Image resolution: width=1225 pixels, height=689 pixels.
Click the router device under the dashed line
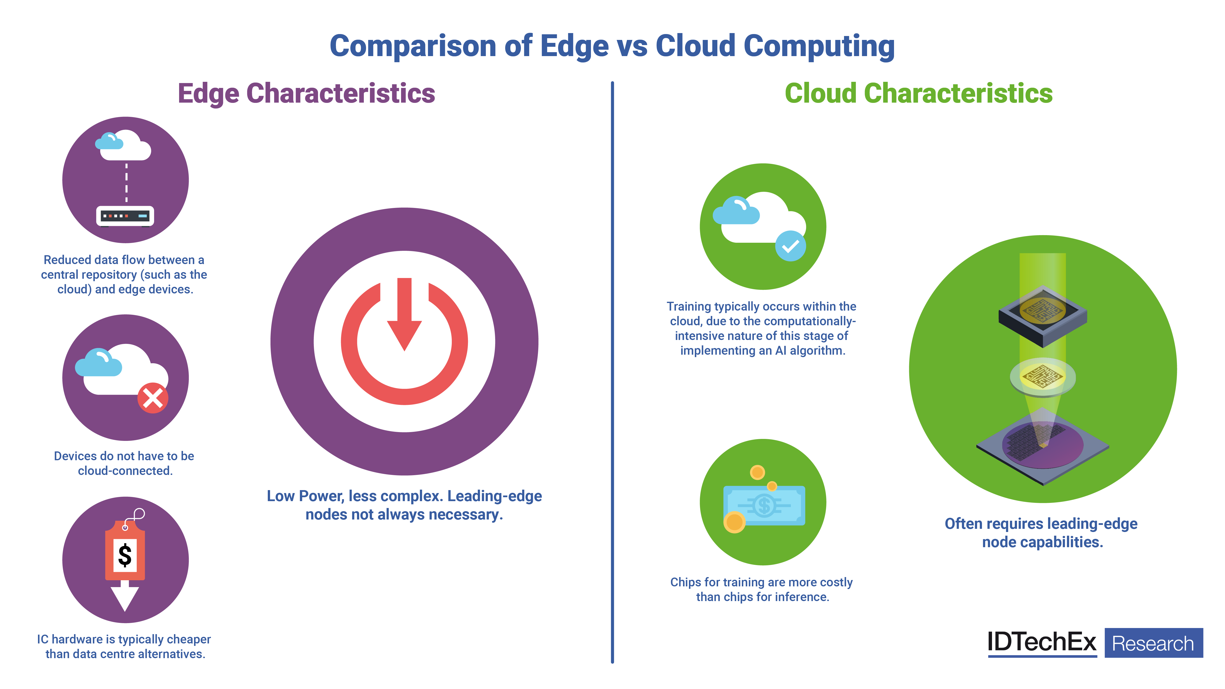[125, 216]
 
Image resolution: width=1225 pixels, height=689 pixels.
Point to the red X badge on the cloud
[153, 398]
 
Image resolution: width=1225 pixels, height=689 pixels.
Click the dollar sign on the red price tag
[125, 555]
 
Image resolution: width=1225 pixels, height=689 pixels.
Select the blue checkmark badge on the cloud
[790, 246]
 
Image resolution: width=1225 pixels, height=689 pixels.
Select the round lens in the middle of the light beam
[1042, 377]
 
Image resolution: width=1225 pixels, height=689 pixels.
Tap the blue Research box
[1154, 643]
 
